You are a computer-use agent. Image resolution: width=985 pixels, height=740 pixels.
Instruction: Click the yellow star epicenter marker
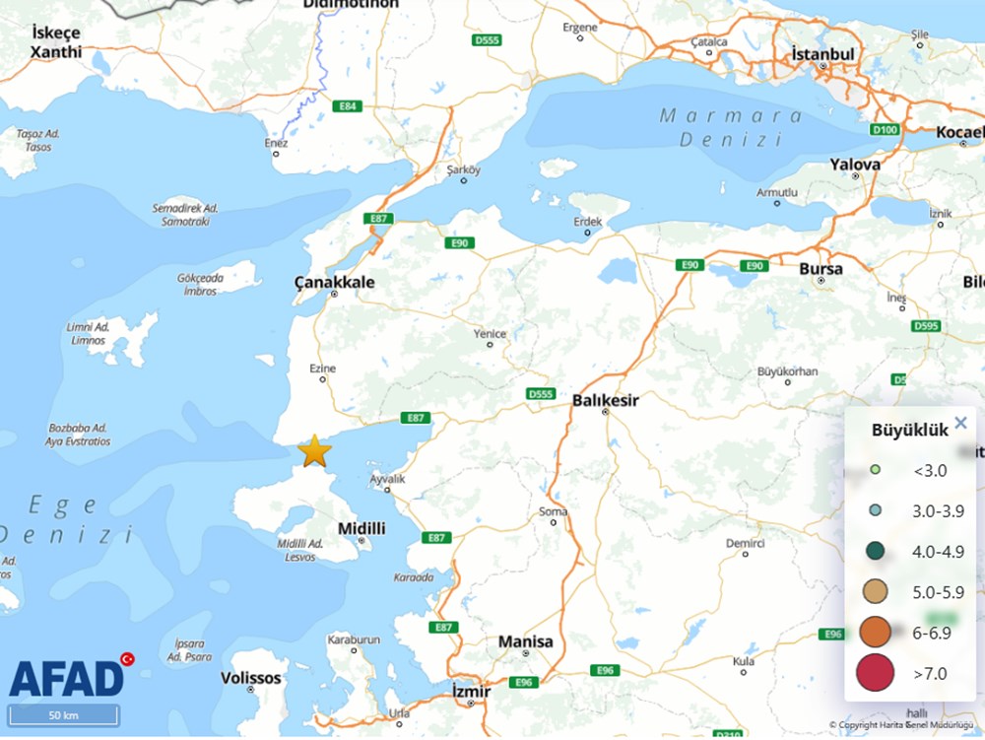(x=314, y=450)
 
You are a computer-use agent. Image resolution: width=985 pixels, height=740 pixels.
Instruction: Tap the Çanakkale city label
(x=335, y=282)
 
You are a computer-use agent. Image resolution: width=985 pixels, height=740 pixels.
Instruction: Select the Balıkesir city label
(x=605, y=401)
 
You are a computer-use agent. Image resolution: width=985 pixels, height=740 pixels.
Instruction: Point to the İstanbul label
(x=822, y=53)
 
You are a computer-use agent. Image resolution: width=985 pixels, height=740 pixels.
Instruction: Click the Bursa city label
(x=821, y=268)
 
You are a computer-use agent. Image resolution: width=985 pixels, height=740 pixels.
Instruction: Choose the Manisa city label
(x=525, y=641)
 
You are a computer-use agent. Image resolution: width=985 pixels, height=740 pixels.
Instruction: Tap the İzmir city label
(x=470, y=692)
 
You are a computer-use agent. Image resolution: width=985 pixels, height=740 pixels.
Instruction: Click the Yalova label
(x=854, y=164)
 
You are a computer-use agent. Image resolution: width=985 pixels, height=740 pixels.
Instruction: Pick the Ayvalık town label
(x=387, y=479)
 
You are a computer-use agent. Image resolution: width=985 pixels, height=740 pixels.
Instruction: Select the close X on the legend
(x=961, y=424)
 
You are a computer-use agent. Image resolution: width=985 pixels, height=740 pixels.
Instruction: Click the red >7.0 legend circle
(x=874, y=673)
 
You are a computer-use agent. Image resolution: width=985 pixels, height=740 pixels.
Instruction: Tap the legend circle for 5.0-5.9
(x=874, y=592)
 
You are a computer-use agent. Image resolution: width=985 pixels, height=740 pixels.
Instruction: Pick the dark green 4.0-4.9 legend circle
(x=874, y=552)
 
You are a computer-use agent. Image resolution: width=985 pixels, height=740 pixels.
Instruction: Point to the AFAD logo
(x=67, y=677)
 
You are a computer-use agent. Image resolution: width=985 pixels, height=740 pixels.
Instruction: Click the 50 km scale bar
(x=63, y=715)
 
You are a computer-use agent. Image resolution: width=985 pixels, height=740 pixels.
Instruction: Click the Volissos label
(x=250, y=678)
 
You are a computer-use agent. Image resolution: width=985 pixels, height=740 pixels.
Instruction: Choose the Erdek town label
(x=587, y=222)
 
